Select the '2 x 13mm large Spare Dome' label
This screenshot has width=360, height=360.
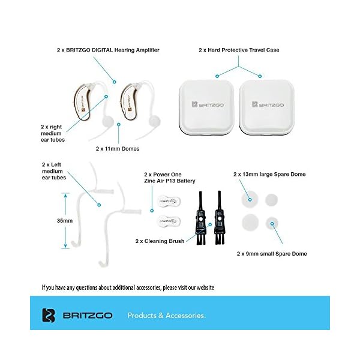pos(269,174)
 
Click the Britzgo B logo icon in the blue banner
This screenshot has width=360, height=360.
pos(49,315)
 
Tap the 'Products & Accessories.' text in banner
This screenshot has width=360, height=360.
pos(166,315)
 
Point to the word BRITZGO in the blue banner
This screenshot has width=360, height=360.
pos(85,315)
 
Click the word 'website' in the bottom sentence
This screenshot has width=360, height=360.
pos(202,287)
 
